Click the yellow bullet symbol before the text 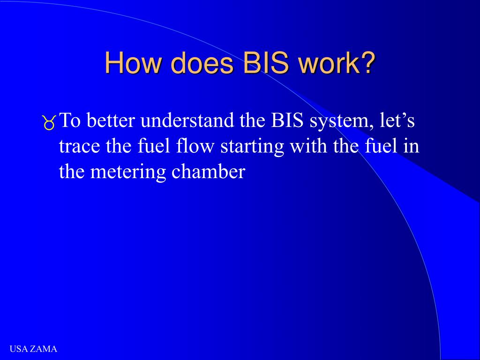(x=49, y=123)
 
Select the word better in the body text (x=112, y=121)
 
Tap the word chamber (x=208, y=172)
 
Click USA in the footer (x=18, y=349)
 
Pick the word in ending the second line (x=411, y=147)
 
